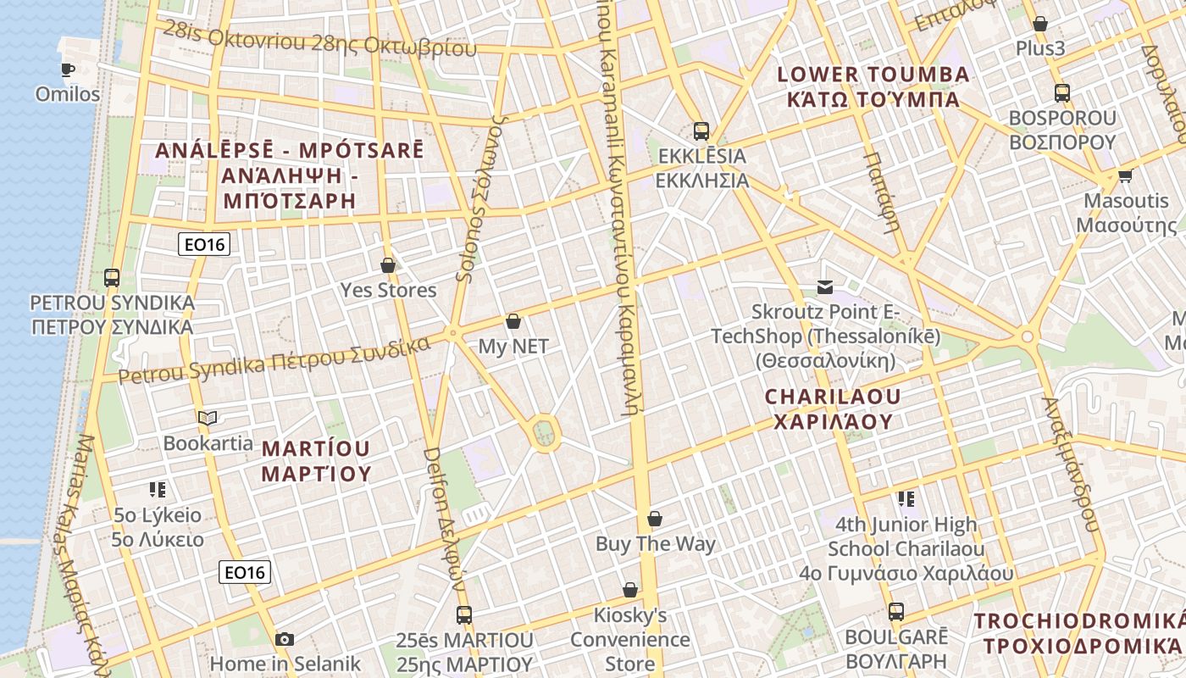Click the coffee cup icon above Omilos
pos(68,69)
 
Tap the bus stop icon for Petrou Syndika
pos(111,277)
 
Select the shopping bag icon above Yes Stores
pos(388,265)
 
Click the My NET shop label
pos(513,346)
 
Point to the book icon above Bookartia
pos(208,418)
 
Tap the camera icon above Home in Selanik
pos(285,639)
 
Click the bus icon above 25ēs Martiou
pos(463,615)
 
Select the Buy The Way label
pos(655,544)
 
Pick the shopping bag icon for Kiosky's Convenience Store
pos(630,590)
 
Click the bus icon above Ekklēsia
pos(701,131)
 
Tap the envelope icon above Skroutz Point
pos(824,287)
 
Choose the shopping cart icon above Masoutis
pos(1125,176)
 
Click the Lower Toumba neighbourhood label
pos(873,86)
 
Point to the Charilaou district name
pos(834,408)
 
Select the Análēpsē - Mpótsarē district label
pos(288,175)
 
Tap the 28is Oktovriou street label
pos(320,40)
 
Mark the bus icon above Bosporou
pos(1061,93)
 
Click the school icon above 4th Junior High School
pos(906,499)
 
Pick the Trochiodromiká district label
pos(1078,633)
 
